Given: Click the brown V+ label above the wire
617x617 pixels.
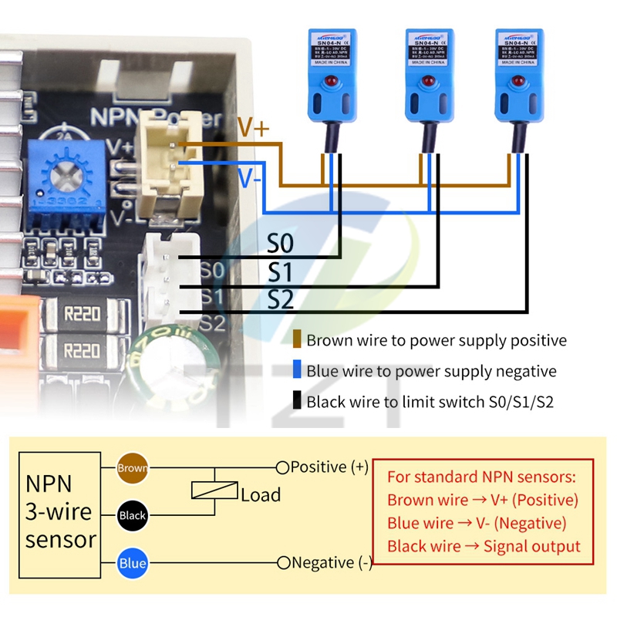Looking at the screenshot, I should pos(252,128).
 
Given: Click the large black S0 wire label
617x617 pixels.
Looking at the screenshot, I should pos(281,244).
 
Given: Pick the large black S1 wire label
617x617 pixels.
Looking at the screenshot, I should pos(281,272).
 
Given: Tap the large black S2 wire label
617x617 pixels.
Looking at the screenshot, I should pos(281,299).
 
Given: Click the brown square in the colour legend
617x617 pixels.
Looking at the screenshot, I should pos(297,340).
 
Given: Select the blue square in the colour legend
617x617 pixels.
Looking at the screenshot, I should pos(297,371).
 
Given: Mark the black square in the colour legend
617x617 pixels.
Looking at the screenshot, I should pos(297,401).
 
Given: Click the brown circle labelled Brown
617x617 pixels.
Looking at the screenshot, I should pos(132,467).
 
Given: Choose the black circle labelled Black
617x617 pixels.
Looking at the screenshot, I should pos(132,514).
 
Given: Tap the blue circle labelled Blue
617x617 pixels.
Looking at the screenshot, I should pos(132,563).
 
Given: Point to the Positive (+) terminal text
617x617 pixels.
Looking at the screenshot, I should pos(329,467).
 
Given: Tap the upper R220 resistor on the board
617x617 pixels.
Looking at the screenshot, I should pos(82,315).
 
